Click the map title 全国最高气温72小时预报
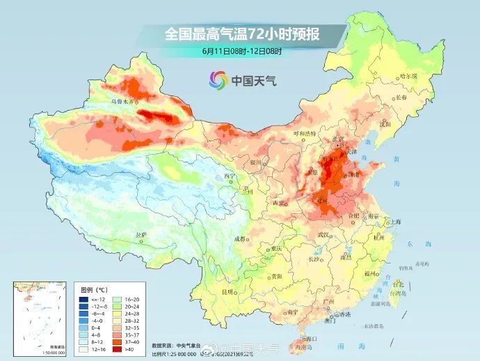[240, 33]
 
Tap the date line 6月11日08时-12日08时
[239, 50]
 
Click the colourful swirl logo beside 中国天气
[218, 80]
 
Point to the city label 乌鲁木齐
[124, 102]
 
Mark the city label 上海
[396, 222]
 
